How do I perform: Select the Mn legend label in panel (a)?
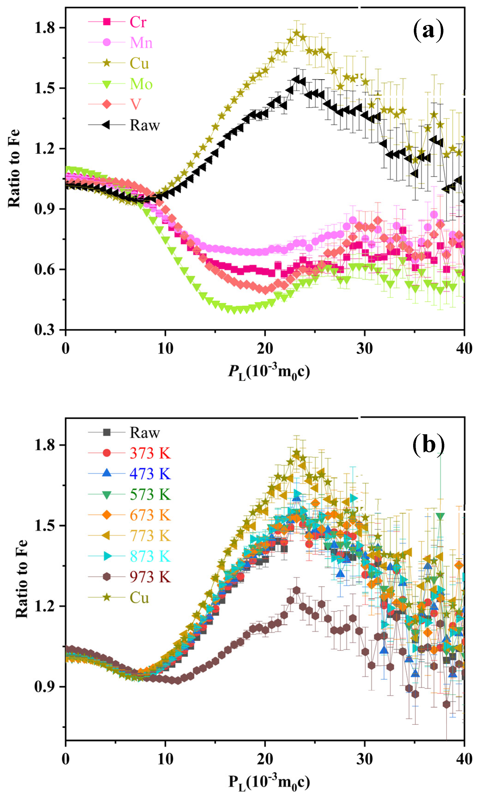[x=141, y=43]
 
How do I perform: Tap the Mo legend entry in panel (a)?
[x=141, y=84]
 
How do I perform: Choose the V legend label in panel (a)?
[x=135, y=104]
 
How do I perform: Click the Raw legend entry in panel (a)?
[x=145, y=125]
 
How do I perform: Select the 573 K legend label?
[x=150, y=495]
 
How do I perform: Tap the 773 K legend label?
[x=150, y=536]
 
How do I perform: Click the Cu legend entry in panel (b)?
[x=139, y=598]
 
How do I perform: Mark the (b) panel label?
[x=428, y=445]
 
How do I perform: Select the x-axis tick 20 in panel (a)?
[x=265, y=349]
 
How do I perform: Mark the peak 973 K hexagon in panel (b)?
[x=296, y=590]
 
